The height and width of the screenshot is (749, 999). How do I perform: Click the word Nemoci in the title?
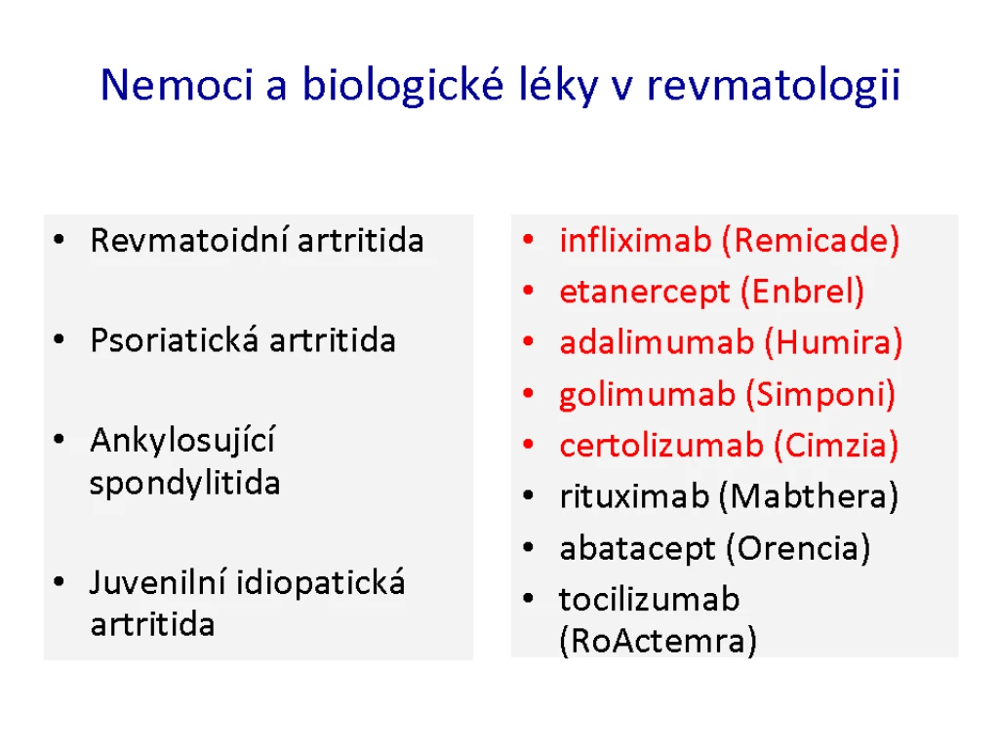coord(178,85)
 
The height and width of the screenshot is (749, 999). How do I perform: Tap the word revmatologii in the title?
coord(773,86)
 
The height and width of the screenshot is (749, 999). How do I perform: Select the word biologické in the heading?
coord(403,86)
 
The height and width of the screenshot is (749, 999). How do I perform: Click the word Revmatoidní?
coord(189,241)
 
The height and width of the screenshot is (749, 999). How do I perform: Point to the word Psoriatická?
coord(175,340)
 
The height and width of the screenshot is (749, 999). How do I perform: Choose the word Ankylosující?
coord(182,441)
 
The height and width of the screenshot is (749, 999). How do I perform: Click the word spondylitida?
coord(184,484)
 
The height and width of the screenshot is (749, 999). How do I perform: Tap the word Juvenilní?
coord(158,582)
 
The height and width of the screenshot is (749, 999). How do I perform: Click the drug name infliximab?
coord(635,240)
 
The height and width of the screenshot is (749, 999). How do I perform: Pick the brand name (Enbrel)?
coord(802,292)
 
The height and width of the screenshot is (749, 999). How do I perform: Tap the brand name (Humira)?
coord(833,342)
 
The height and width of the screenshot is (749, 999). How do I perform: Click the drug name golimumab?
coord(648,395)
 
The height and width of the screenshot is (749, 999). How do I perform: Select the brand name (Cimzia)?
coord(836,445)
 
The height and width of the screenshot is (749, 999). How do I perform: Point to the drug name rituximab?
coord(634,496)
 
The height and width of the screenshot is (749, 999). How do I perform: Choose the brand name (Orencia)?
coord(798,548)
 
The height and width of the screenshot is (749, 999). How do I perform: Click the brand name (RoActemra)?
coord(659,641)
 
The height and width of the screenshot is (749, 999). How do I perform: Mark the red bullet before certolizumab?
coord(528,444)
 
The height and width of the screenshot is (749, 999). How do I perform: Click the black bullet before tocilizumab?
coord(528,598)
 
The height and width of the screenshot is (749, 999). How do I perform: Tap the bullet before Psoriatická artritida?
coord(60,339)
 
